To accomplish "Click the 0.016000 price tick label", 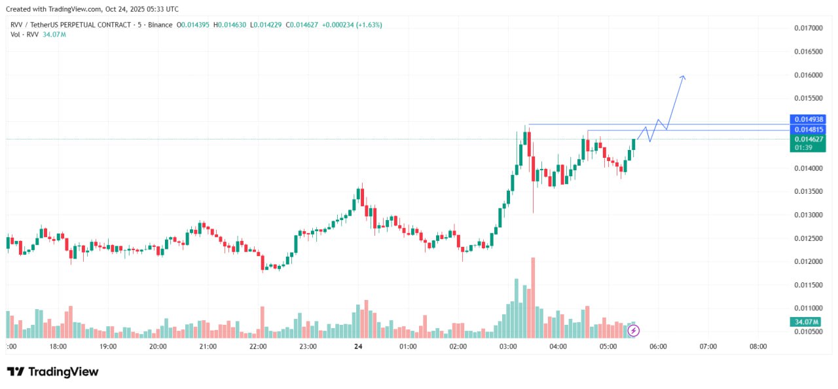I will click(x=808, y=75).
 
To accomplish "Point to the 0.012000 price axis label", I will click(x=808, y=262).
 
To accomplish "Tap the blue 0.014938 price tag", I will click(x=809, y=119).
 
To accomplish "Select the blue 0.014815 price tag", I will click(x=809, y=130).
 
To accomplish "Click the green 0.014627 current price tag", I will click(x=809, y=139).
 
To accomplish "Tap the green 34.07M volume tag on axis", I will click(x=808, y=322).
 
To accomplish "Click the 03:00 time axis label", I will click(x=508, y=346).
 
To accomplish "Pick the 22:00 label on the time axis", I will click(x=258, y=346).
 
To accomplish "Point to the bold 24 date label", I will click(x=358, y=346).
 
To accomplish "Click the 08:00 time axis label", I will click(x=758, y=346).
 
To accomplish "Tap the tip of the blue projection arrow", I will click(x=683, y=77).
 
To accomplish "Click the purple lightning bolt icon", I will click(x=633, y=331).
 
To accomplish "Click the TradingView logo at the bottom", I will click(x=53, y=372).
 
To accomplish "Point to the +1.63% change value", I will click(x=369, y=25).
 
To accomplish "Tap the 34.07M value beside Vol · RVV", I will click(x=54, y=34).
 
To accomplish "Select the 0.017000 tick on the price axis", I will click(x=808, y=28).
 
